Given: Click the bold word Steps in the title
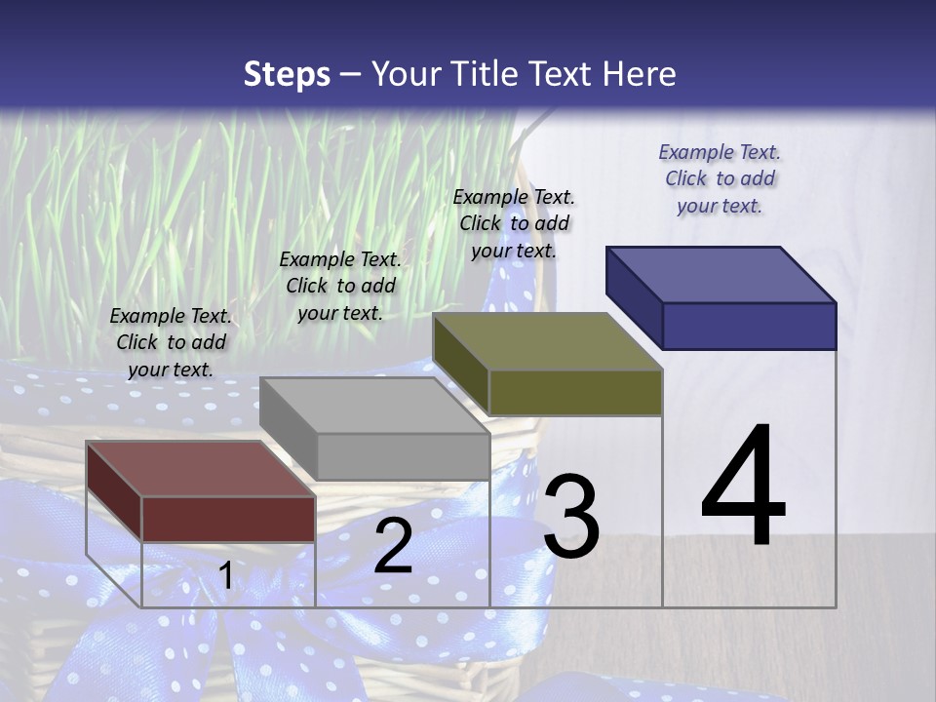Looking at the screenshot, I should [287, 74].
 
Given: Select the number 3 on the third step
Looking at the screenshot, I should [571, 518].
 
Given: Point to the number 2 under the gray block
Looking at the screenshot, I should [393, 547].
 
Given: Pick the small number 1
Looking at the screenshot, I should [226, 575].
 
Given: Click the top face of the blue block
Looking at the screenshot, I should [721, 274].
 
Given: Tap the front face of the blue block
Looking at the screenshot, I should [749, 326].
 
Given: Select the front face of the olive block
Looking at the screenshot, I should [575, 392].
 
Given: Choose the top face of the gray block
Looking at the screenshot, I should [374, 406].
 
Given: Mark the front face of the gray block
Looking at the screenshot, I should [403, 456].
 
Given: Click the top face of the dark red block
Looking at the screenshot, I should [201, 469].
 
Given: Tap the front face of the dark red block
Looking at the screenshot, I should [228, 519].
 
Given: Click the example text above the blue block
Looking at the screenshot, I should [720, 178].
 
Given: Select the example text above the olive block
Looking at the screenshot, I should [514, 223].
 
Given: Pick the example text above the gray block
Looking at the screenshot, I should [340, 286].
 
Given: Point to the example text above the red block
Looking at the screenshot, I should [171, 342].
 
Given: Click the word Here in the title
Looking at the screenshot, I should [641, 74].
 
